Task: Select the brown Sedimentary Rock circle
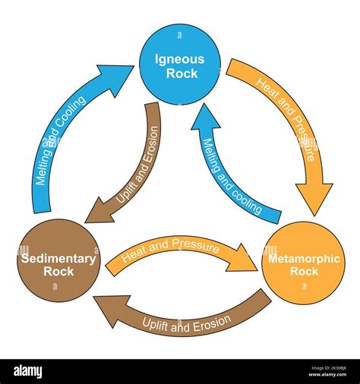58,260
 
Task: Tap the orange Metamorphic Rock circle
302,263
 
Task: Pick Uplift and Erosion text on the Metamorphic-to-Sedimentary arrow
186,322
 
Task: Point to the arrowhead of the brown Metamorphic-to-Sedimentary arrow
106,310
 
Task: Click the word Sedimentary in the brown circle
58,259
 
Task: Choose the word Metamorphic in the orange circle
302,259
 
